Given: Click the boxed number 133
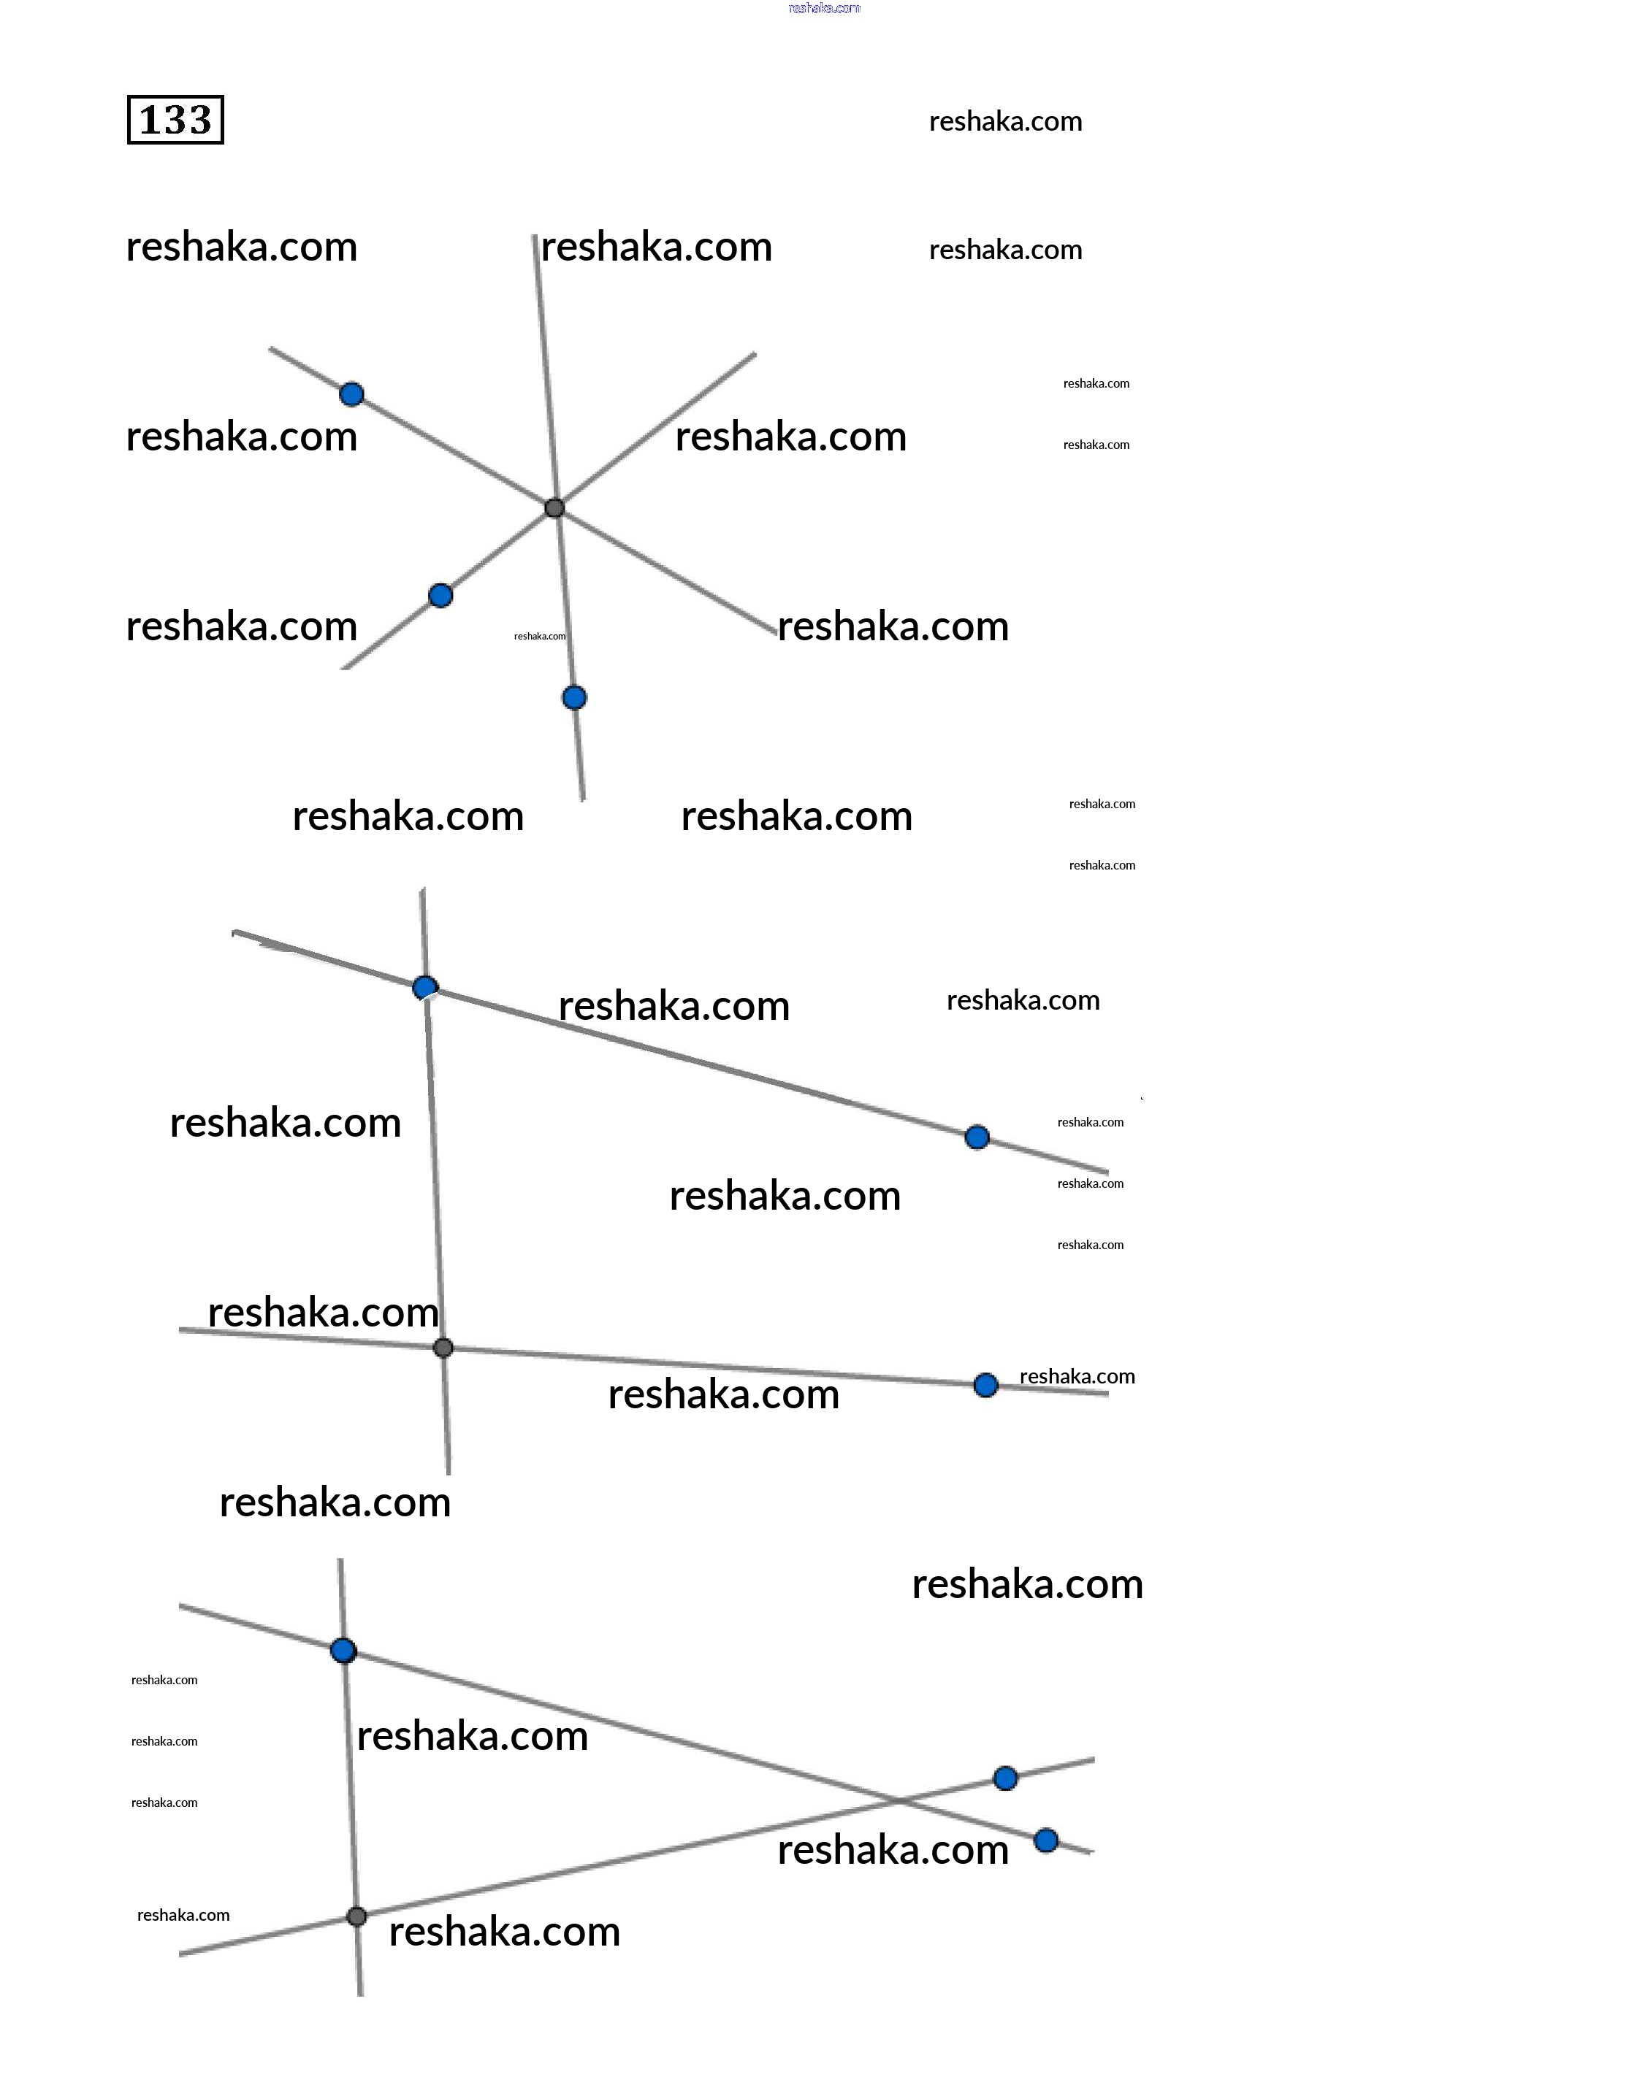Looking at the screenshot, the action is point(175,120).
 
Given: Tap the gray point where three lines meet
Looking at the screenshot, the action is point(554,507).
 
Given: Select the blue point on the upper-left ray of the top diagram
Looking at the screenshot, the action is point(352,394).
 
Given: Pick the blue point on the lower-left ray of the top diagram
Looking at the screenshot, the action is point(440,595).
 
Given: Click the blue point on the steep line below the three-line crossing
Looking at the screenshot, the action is point(574,697).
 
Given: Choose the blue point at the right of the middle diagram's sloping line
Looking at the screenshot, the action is point(977,1137).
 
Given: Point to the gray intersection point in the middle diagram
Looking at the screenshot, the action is point(443,1348).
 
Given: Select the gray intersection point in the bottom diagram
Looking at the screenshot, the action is point(356,1916).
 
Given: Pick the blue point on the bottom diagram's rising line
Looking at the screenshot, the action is point(1005,1778).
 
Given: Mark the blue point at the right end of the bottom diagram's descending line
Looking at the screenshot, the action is point(1047,1841).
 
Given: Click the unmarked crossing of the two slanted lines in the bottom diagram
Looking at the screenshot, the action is point(896,1800).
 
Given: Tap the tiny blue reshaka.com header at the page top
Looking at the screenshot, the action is point(824,8).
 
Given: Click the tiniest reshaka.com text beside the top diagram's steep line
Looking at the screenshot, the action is point(540,636).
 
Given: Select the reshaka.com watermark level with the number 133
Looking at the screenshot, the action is point(1005,121).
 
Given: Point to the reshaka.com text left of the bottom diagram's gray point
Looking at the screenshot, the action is point(183,1915).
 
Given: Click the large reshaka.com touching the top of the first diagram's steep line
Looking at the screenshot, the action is point(656,247).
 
